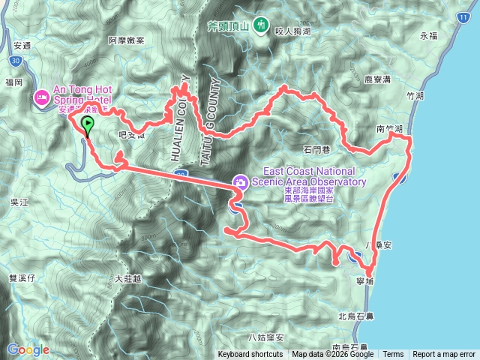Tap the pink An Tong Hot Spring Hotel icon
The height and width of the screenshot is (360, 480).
[x=42, y=96]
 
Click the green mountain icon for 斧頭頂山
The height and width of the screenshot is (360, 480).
[x=260, y=25]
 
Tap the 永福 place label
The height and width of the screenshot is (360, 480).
[x=428, y=35]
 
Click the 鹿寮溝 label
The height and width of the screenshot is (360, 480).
[x=378, y=77]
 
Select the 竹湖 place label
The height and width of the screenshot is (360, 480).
[x=414, y=96]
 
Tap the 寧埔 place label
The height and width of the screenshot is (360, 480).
[x=366, y=280]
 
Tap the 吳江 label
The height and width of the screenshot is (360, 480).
[x=19, y=202]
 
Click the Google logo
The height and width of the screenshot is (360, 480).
[x=28, y=349]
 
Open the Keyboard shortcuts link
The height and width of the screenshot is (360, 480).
[x=250, y=355]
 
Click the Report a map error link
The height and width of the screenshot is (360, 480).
[x=443, y=355]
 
